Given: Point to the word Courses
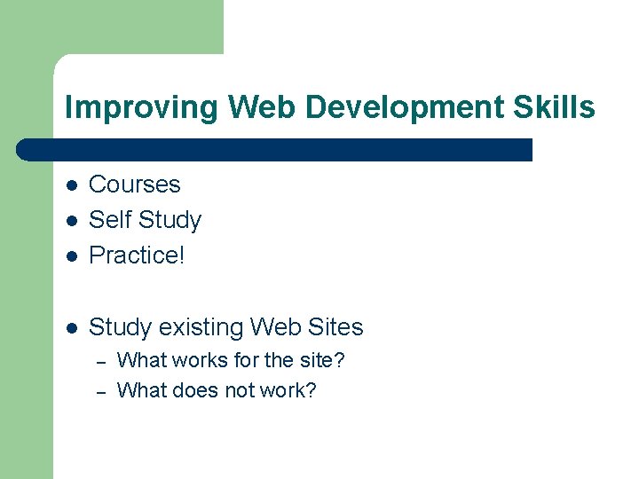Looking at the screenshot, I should [135, 185].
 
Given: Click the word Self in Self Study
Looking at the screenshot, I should [109, 220].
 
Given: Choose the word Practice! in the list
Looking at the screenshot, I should [137, 255].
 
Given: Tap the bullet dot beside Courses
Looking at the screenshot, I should [72, 185].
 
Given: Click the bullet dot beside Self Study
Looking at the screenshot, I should [72, 221].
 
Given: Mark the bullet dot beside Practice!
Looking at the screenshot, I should [72, 256].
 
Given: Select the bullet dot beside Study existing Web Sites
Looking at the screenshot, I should [72, 328].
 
